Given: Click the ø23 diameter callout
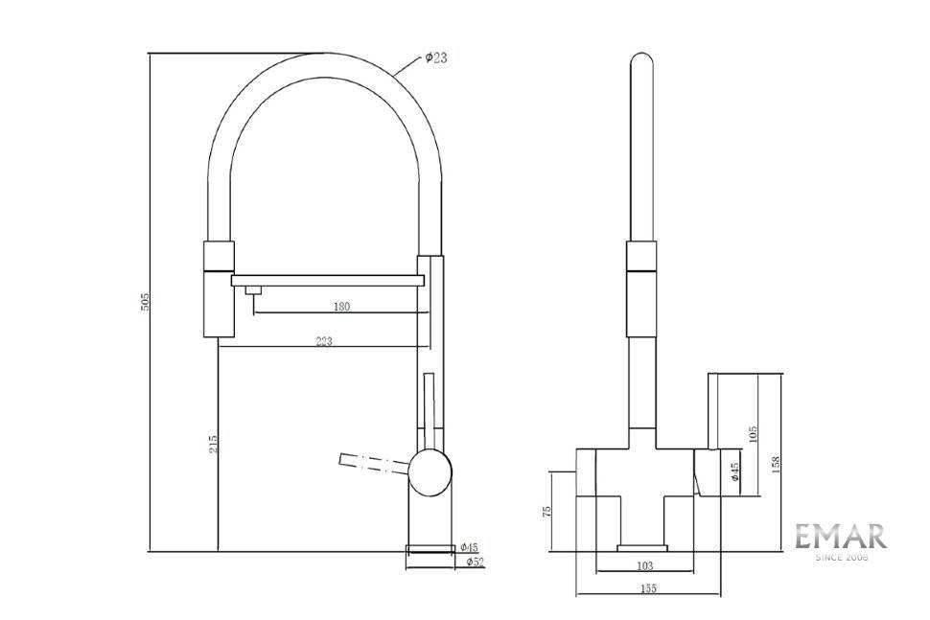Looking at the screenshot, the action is pyautogui.click(x=436, y=57).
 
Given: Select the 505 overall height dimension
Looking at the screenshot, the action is pyautogui.click(x=146, y=302).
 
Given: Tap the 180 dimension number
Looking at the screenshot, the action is pyautogui.click(x=341, y=307).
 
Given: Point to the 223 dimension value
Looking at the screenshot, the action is pyautogui.click(x=324, y=341).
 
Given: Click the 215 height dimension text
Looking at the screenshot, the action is pyautogui.click(x=214, y=444).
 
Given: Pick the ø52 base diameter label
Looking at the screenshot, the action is pyautogui.click(x=476, y=562).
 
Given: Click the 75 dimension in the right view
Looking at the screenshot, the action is pyautogui.click(x=546, y=511).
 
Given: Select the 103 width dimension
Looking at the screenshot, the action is pyautogui.click(x=644, y=565).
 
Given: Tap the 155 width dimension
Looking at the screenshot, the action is pyautogui.click(x=648, y=589).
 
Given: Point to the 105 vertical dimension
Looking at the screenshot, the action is pyautogui.click(x=754, y=434).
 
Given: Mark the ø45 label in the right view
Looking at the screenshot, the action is pyautogui.click(x=735, y=471).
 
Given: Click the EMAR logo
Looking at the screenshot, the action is pyautogui.click(x=841, y=537).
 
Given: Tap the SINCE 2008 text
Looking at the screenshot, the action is pyautogui.click(x=842, y=558).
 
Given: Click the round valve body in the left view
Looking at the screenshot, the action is pyautogui.click(x=430, y=472).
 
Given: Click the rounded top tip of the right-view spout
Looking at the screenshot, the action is pyautogui.click(x=641, y=56).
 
